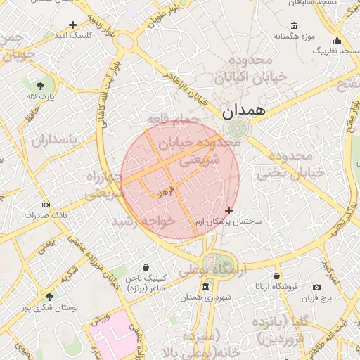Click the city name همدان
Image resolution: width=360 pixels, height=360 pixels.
244,111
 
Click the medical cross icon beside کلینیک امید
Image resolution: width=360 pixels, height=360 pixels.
72,25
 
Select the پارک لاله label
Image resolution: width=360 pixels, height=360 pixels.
41,95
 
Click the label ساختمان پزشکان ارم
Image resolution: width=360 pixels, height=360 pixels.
229,221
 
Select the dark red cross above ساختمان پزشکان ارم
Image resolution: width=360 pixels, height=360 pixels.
229,210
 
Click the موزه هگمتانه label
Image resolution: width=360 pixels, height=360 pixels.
288,36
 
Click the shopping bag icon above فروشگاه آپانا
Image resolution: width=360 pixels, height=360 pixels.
277,276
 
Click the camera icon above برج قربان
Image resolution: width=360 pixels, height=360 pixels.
317,287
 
